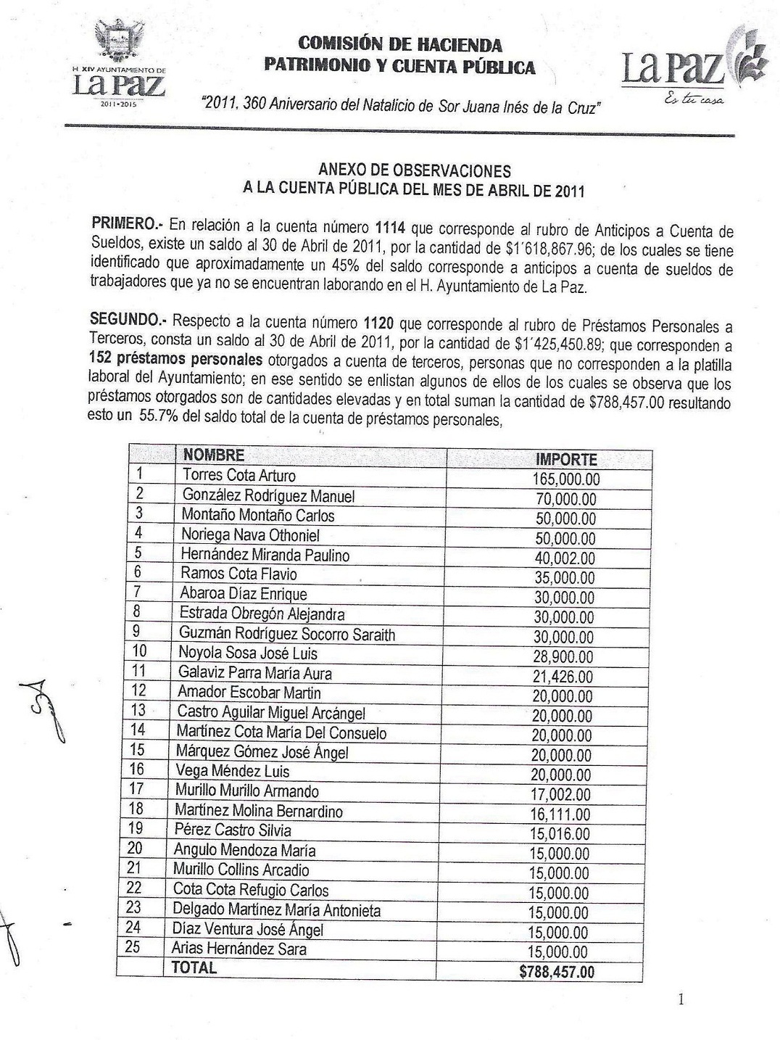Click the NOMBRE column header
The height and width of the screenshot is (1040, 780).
(x=213, y=455)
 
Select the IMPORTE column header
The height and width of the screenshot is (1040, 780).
(x=565, y=460)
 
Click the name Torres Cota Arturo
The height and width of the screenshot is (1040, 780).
(x=238, y=476)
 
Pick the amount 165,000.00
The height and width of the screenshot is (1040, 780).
(x=566, y=479)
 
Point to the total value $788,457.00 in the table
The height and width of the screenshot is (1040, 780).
(x=557, y=972)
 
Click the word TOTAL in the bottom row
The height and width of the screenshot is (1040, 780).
(x=193, y=967)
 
